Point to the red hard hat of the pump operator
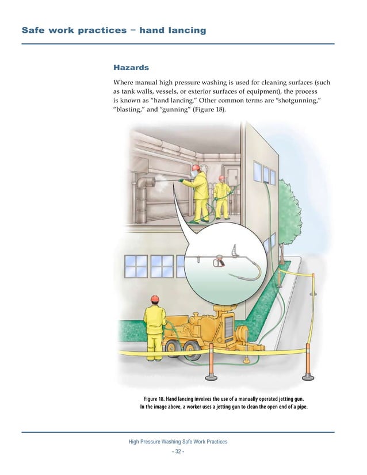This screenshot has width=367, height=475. (x=154, y=298)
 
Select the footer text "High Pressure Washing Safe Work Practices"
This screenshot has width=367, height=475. (x=178, y=442)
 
